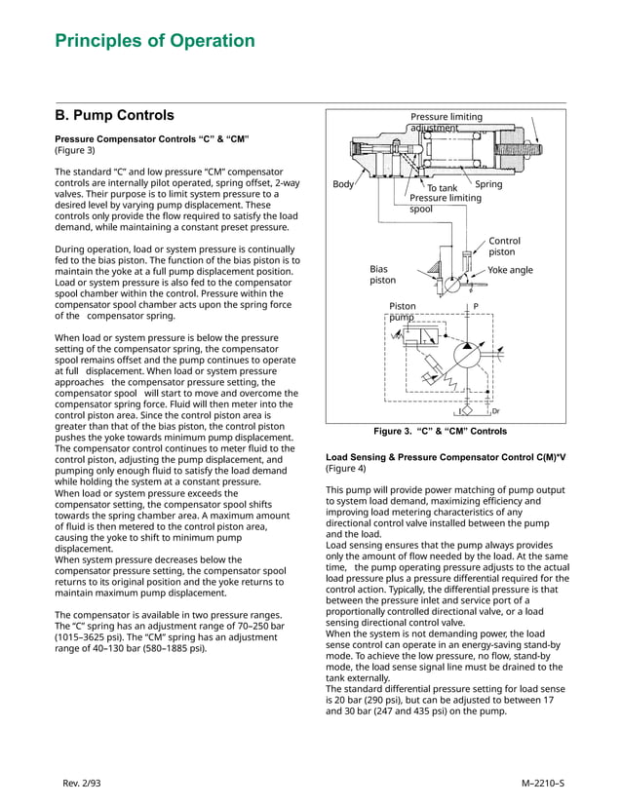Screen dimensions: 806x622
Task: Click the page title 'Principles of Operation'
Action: coord(155,41)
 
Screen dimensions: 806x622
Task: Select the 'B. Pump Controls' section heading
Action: coord(114,115)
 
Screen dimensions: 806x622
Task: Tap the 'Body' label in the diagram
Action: coord(343,184)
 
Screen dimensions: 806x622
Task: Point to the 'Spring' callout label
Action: coord(488,184)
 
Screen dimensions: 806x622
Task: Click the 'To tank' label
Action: coord(442,188)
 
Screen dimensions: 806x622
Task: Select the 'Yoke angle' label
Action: coord(510,270)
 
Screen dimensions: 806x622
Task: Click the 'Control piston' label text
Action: coord(504,246)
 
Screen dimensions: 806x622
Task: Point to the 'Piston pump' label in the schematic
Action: coord(402,311)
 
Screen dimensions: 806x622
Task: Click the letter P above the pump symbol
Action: coord(475,306)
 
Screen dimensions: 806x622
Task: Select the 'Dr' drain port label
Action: coord(495,411)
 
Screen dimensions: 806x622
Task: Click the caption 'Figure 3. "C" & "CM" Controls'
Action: coord(441,431)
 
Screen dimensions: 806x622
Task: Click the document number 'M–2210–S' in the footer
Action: coord(543,783)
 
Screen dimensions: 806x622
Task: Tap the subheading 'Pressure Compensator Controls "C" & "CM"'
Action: coord(152,138)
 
